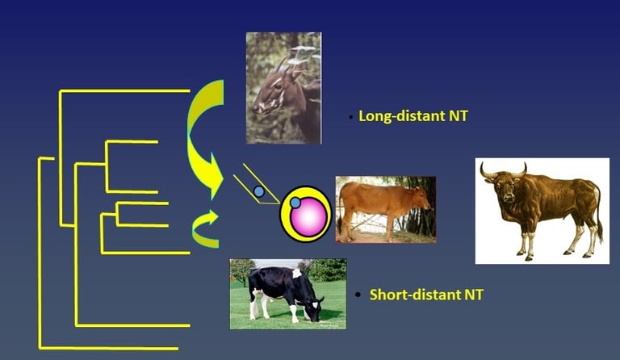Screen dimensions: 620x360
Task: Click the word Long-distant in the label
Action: pyautogui.click(x=401, y=116)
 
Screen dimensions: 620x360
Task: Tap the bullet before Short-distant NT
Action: pyautogui.click(x=358, y=295)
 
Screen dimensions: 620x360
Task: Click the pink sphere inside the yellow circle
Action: pyautogui.click(x=308, y=217)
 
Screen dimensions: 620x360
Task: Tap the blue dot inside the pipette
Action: pyautogui.click(x=259, y=191)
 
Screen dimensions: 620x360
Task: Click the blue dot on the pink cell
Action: pyautogui.click(x=295, y=203)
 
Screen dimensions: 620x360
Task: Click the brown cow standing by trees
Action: pyautogui.click(x=383, y=210)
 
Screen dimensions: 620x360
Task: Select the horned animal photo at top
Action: pyautogui.click(x=283, y=88)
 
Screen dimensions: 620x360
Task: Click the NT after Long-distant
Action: pyautogui.click(x=458, y=116)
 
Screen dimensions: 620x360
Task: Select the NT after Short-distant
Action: pyautogui.click(x=474, y=295)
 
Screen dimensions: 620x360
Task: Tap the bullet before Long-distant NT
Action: pyautogui.click(x=350, y=117)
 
